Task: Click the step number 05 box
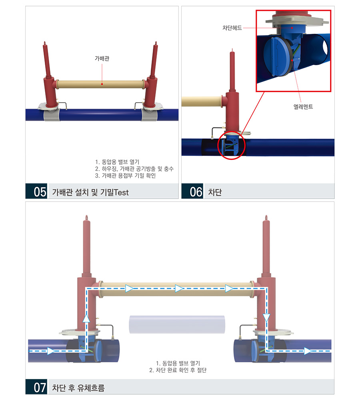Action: point(36,191)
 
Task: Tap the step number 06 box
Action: point(192,191)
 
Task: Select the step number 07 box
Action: point(36,387)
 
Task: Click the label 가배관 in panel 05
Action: point(102,59)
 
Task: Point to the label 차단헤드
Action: point(232,28)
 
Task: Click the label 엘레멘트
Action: point(303,107)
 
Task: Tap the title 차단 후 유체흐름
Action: point(78,388)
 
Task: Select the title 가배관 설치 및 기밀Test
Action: point(90,192)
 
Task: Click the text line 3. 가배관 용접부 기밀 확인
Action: point(125,176)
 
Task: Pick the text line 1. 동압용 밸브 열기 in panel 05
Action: point(117,162)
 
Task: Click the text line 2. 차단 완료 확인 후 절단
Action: point(178,370)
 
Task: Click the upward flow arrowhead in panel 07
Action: point(86,318)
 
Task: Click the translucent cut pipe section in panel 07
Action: point(177,324)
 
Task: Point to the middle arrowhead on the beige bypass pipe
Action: point(179,289)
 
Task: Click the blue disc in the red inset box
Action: point(278,57)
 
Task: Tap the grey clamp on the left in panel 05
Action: point(52,115)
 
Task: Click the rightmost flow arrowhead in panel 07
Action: point(308,351)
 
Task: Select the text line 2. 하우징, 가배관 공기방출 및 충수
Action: point(134,169)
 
